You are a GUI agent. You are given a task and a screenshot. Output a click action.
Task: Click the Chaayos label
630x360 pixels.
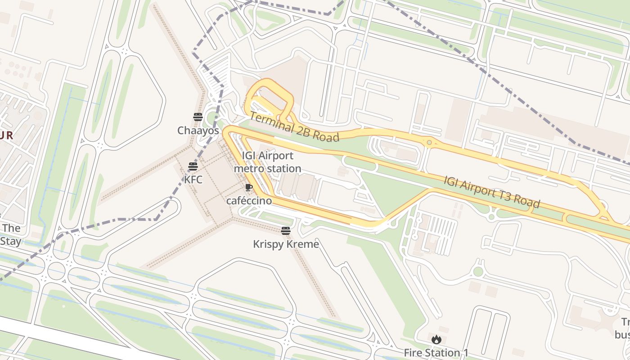point(198,130)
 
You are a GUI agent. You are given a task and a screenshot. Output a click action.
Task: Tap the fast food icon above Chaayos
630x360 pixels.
point(198,117)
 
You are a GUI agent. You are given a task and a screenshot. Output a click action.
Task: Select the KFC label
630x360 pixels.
point(193,180)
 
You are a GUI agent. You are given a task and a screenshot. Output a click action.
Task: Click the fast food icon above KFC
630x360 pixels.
point(193,166)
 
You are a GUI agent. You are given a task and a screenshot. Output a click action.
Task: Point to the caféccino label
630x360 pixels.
point(249,201)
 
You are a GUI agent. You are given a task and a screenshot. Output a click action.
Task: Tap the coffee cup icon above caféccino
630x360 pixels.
point(249,188)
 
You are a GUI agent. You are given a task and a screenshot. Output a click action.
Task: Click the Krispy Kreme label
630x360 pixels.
point(286,244)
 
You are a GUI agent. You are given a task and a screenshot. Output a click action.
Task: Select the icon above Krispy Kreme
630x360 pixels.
point(286,231)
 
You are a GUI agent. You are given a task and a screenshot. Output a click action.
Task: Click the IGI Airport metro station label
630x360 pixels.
point(267,162)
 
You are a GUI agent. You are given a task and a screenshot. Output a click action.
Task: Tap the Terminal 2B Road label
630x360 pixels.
point(294,127)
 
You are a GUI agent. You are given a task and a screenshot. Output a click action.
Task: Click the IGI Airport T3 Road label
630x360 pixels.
point(492,192)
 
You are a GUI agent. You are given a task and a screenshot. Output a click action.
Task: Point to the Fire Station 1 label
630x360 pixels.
point(436,353)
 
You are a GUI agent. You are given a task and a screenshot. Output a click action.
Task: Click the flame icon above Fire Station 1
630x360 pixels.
point(436,340)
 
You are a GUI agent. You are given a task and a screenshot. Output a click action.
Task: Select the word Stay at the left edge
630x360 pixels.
point(10,241)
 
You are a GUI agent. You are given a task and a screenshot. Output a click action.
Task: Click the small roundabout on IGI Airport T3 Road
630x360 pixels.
point(429,143)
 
